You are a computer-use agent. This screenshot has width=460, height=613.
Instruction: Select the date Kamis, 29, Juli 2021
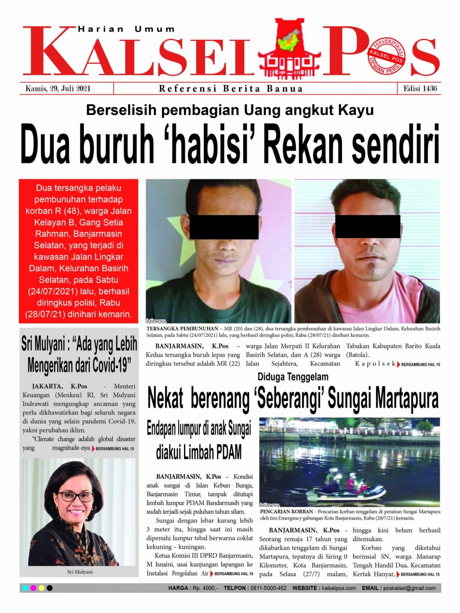[x=58, y=88]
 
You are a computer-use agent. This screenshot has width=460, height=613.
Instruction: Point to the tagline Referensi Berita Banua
[x=231, y=89]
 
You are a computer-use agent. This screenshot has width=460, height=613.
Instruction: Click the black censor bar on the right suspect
[x=367, y=226]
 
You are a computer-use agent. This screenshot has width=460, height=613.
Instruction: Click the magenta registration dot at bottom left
[x=33, y=588]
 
